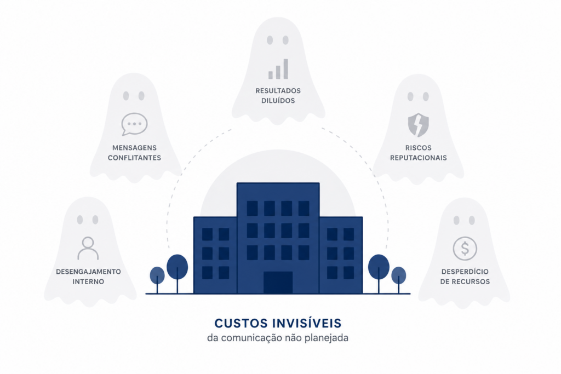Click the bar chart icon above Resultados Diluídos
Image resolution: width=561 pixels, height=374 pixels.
pos(278,69)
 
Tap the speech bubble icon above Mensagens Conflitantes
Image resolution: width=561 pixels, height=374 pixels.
pos(134,124)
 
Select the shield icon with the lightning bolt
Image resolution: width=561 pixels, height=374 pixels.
pos(418,125)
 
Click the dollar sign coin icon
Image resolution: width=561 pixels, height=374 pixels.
pos(465,248)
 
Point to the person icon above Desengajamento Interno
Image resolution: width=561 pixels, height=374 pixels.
pos(88,248)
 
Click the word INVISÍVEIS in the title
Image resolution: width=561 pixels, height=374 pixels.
pos(307,323)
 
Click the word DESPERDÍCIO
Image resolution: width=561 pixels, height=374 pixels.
pos(465,272)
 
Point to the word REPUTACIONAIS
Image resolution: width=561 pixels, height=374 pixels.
pos(418,158)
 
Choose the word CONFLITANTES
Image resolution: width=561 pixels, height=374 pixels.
pos(135,158)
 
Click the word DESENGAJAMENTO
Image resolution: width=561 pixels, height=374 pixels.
pos(88,272)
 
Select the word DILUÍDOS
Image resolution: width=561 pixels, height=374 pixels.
pos(278,100)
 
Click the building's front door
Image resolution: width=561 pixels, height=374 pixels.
pos(278,283)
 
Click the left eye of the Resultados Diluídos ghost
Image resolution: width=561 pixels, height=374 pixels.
pos(270,40)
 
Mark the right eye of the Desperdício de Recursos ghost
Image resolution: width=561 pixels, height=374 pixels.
pos(472,220)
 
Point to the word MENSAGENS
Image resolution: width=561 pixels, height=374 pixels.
pos(135,148)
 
